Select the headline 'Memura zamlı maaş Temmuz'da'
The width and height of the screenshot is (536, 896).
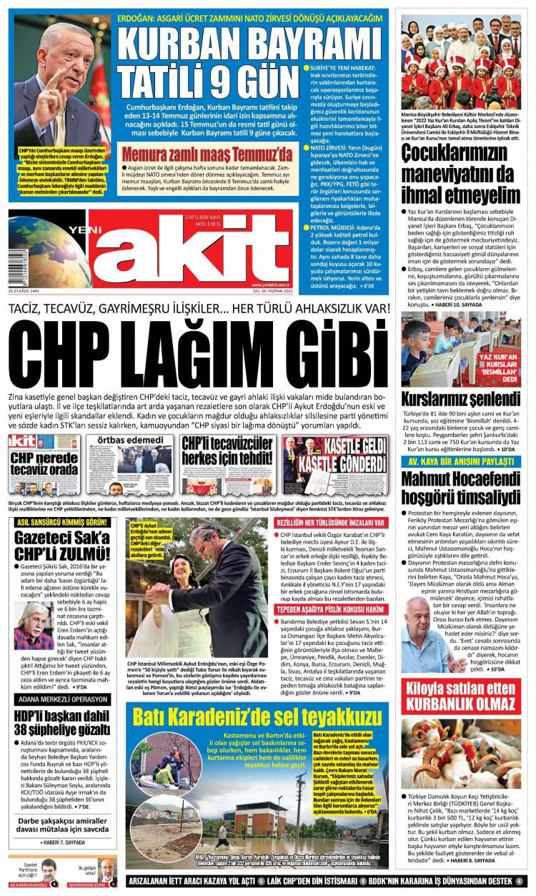click(207, 154)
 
